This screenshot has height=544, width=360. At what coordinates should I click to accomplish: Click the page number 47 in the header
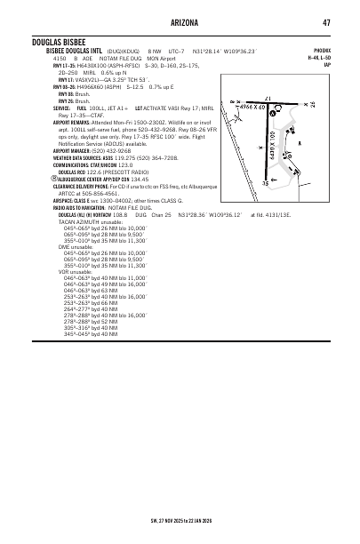point(327,22)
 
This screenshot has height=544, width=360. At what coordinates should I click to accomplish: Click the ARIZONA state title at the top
point(180,22)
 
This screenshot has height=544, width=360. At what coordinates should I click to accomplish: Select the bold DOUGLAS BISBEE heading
point(60,42)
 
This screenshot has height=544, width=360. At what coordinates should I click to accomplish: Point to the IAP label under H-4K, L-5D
point(328,65)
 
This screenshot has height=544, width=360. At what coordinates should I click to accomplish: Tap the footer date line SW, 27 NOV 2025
point(180,517)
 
